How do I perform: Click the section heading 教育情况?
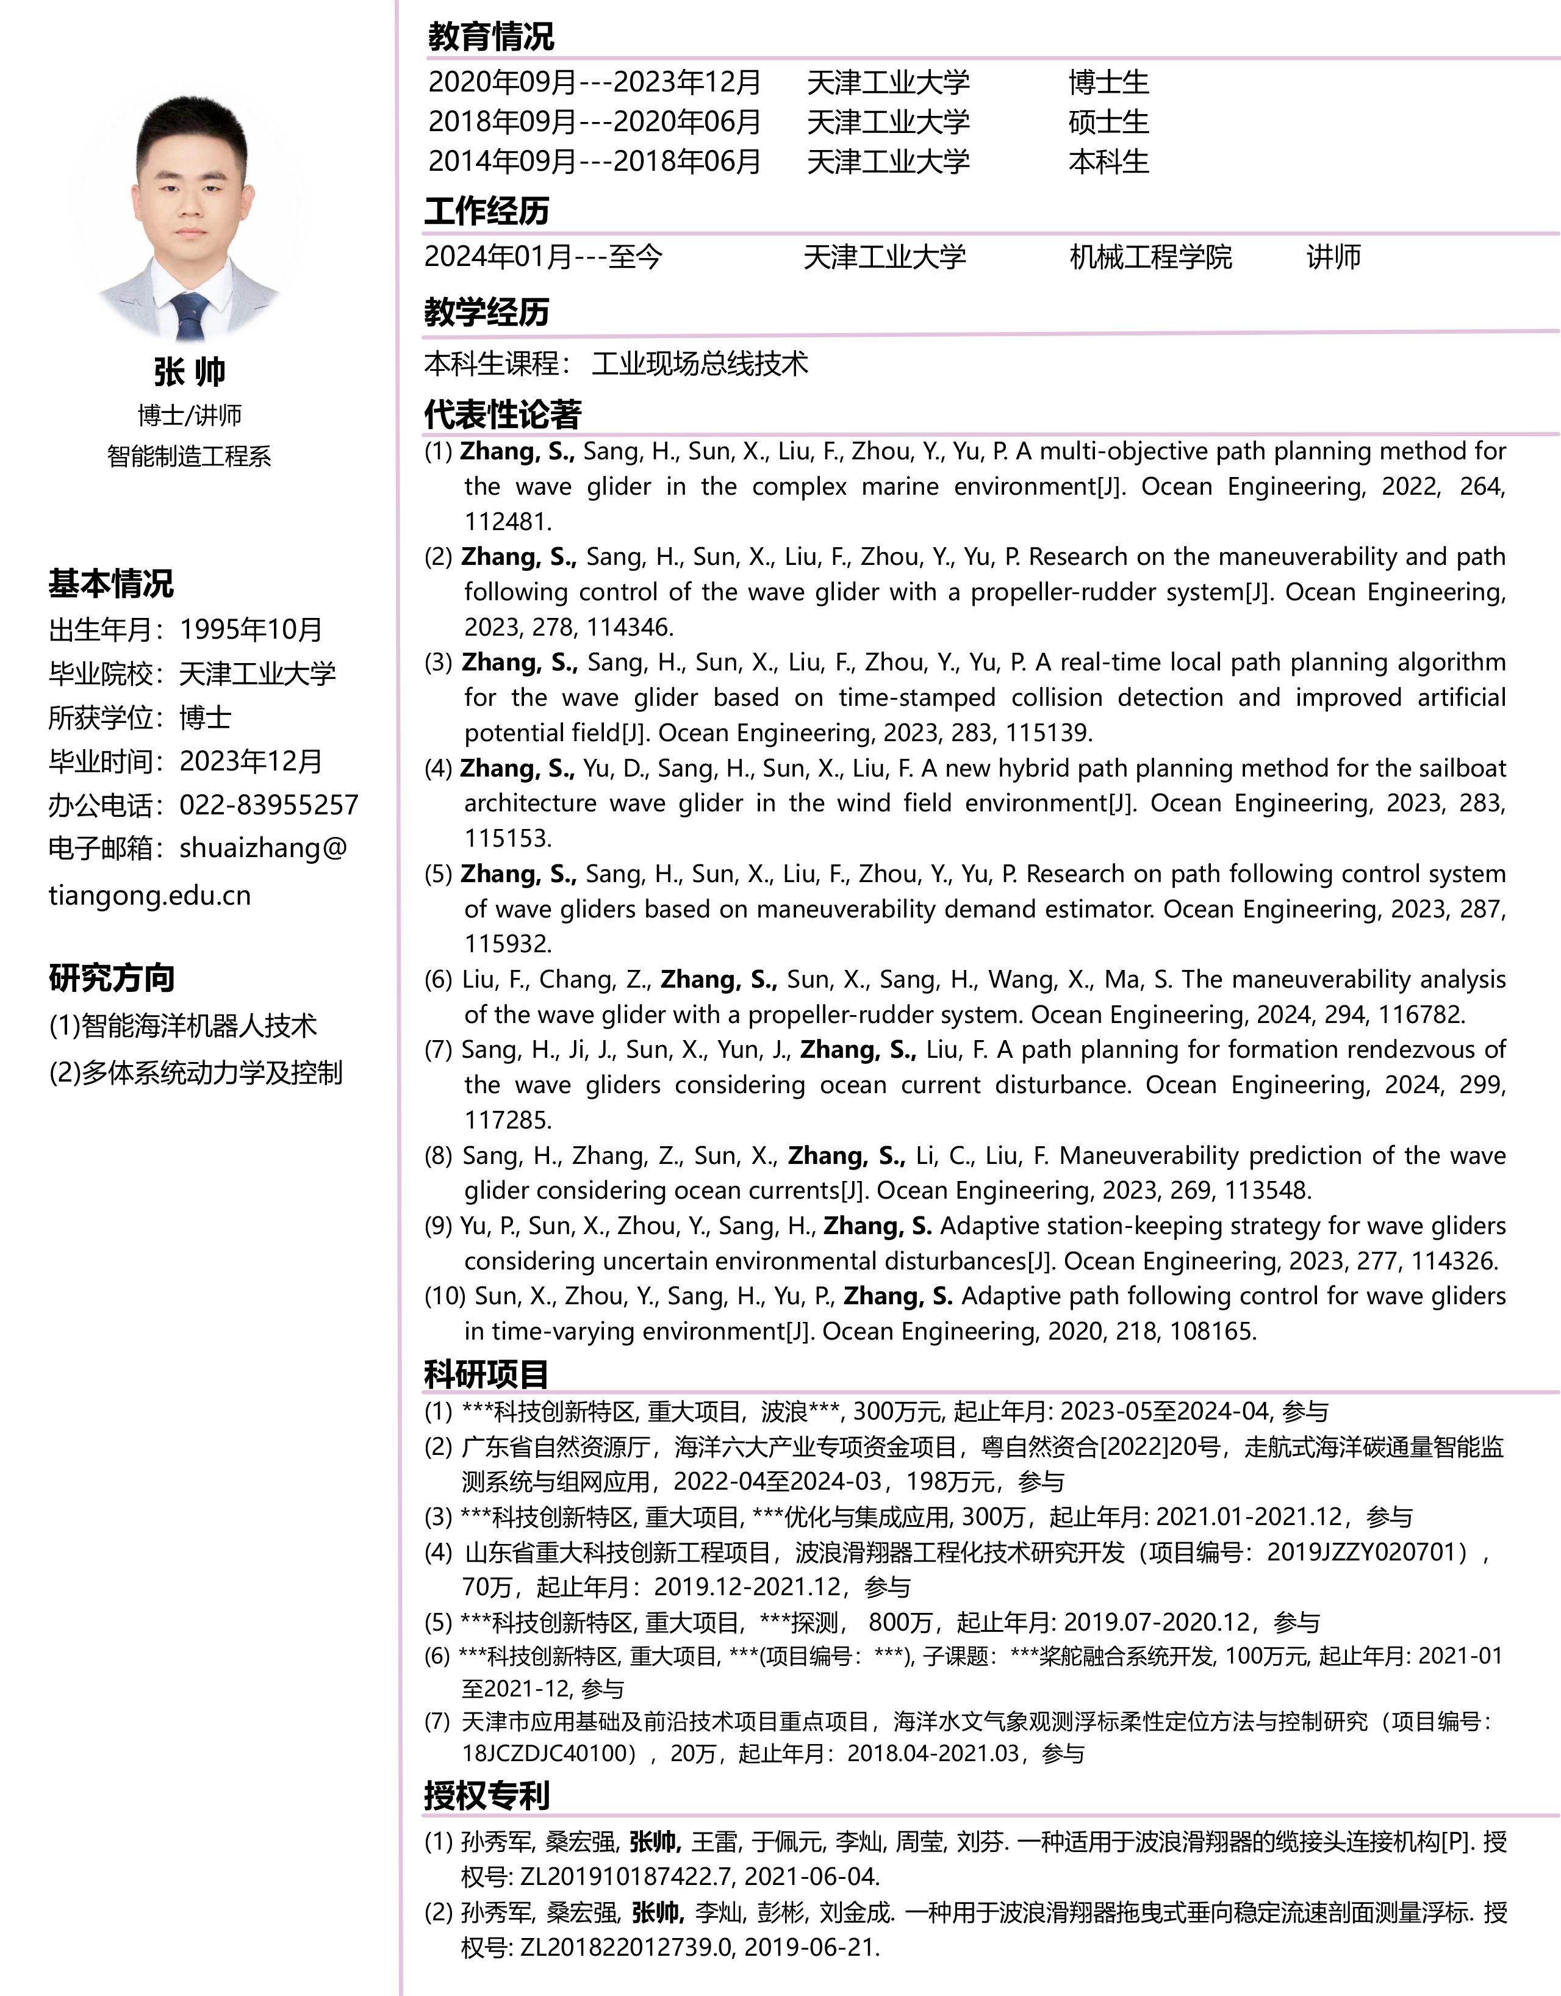(491, 37)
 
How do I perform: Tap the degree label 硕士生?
(1108, 121)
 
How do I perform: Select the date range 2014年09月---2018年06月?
(594, 161)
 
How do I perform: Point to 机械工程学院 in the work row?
(1150, 257)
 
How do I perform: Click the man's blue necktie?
(191, 316)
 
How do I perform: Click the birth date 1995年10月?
(251, 629)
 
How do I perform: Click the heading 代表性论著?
(503, 415)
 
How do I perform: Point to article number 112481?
(508, 522)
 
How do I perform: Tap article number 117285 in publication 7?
(508, 1119)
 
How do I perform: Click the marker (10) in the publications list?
(445, 1296)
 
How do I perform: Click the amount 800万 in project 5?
(899, 1622)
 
